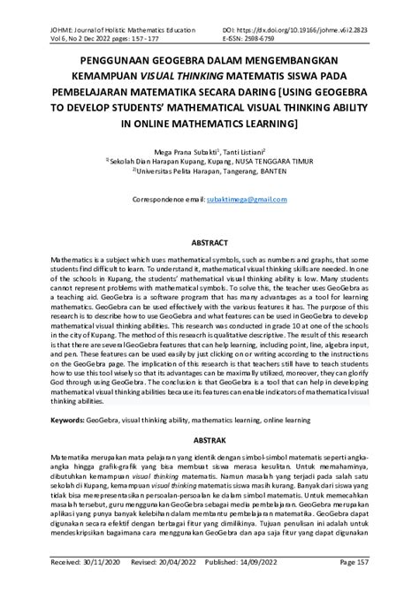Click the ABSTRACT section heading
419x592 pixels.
209,242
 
